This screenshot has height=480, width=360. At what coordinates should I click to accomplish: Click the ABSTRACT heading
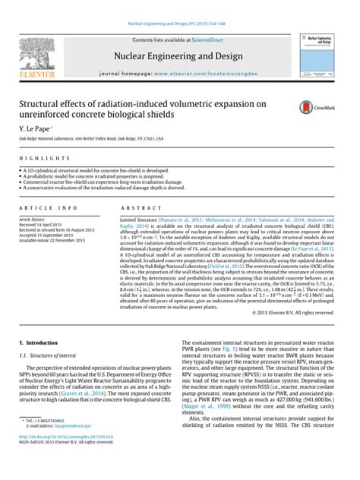click(135, 207)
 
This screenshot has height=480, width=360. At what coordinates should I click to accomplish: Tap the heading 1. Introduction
click(39, 343)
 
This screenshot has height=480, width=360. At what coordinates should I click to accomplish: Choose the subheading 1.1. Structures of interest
click(47, 356)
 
